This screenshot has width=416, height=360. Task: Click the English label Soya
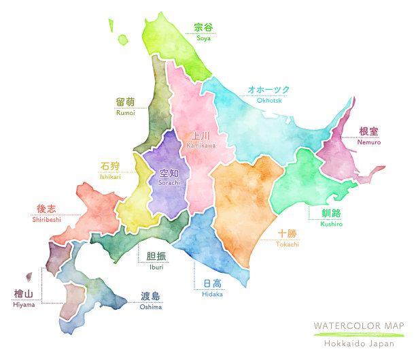click(x=203, y=38)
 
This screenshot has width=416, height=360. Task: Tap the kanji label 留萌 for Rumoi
click(x=125, y=102)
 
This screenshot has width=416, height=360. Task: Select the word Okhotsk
click(x=268, y=101)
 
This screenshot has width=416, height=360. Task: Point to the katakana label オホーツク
click(x=268, y=90)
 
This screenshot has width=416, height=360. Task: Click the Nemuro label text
click(x=369, y=142)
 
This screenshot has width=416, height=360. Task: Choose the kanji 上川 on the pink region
click(x=200, y=135)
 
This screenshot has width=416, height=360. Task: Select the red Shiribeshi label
click(x=46, y=219)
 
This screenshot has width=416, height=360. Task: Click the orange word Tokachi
click(x=287, y=244)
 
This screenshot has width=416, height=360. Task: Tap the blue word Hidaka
click(x=212, y=294)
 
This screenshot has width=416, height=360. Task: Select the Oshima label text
click(x=151, y=307)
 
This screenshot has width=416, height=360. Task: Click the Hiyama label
click(x=23, y=304)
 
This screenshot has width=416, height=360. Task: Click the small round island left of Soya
click(x=122, y=40)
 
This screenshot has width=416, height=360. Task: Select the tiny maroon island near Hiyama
click(x=29, y=277)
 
